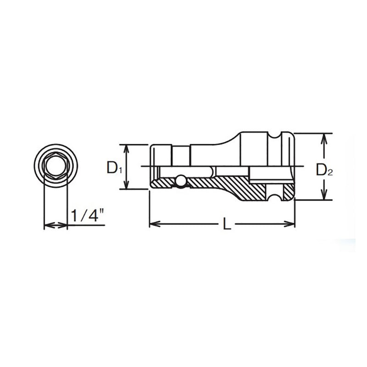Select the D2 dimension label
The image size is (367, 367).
(323, 171)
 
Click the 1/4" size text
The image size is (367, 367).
(87, 216)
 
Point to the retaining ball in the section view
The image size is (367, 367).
(181, 181)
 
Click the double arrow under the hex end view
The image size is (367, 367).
(55, 225)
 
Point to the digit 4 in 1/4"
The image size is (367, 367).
(94, 216)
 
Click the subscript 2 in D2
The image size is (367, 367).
(329, 173)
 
